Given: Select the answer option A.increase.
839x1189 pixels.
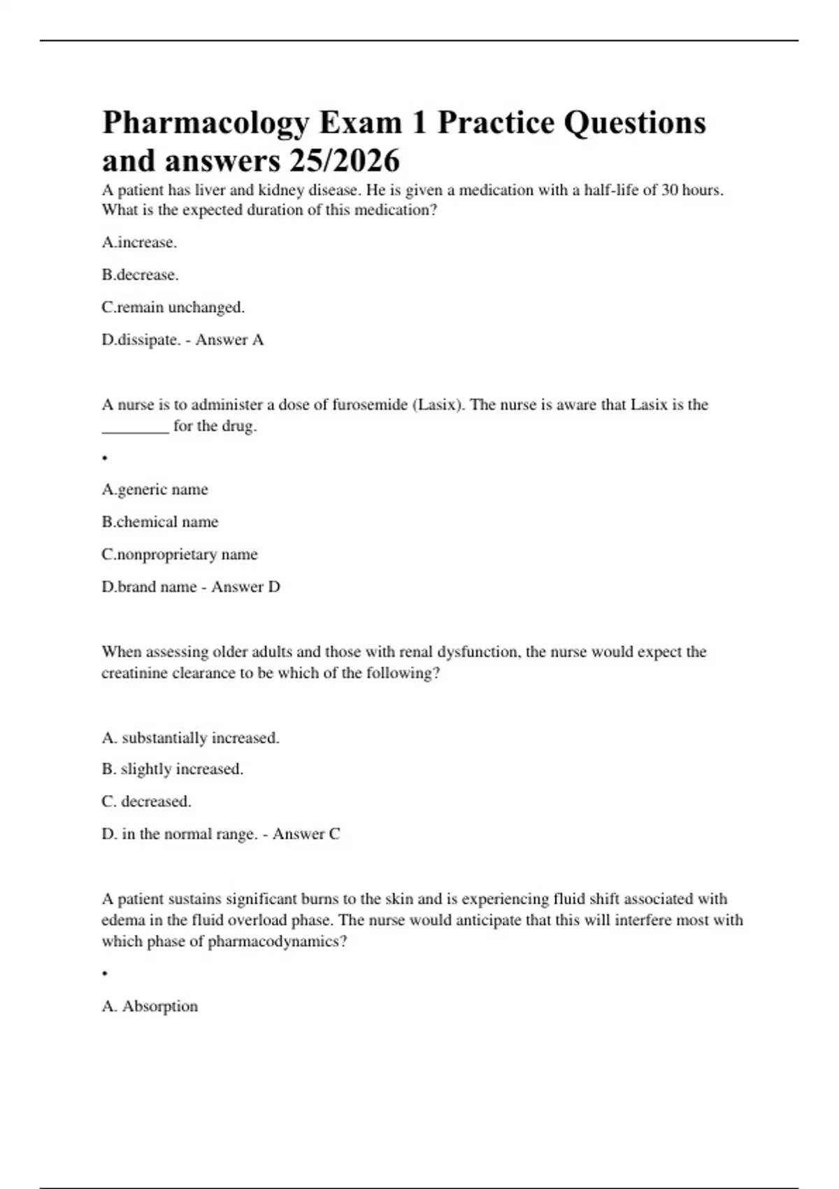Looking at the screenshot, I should [x=139, y=243].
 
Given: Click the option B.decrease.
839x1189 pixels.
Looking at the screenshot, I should [x=140, y=275].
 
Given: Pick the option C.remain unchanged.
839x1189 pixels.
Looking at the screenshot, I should [x=173, y=307].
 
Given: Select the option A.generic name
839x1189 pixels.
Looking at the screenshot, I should [x=155, y=490].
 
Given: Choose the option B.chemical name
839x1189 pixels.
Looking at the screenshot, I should [x=159, y=522].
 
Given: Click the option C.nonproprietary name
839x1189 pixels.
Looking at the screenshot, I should [x=179, y=555].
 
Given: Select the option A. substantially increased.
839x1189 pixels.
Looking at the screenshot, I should [x=190, y=738].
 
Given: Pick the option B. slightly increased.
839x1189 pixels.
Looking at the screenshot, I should [x=172, y=769].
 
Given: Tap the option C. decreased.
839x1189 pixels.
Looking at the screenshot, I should [x=146, y=802].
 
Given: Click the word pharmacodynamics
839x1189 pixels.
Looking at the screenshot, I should [x=272, y=941].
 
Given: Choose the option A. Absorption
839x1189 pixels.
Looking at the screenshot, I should [x=150, y=1006].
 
